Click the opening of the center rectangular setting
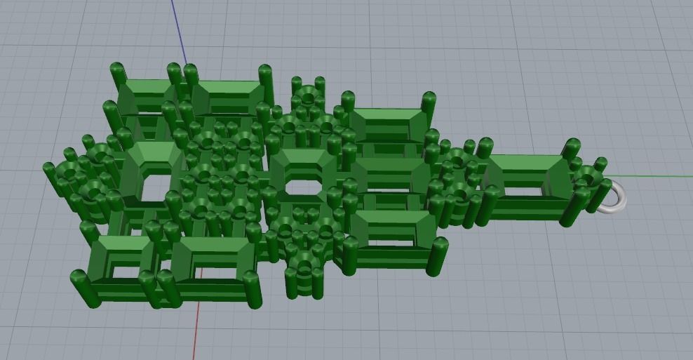coord(303,187)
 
